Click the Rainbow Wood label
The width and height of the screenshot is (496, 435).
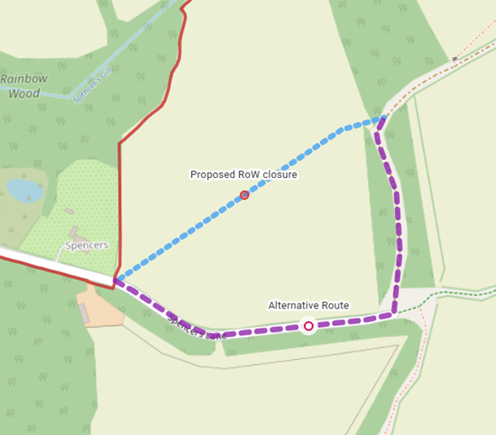pyautogui.click(x=24, y=86)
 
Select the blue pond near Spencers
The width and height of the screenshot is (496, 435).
pyautogui.click(x=24, y=189)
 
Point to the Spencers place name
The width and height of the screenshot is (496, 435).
pyautogui.click(x=86, y=245)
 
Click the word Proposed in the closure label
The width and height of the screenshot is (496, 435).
pyautogui.click(x=213, y=175)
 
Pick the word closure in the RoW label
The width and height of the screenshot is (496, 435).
pyautogui.click(x=280, y=175)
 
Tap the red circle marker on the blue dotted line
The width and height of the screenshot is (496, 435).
pyautogui.click(x=244, y=195)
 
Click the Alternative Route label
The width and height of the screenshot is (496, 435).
pyautogui.click(x=308, y=305)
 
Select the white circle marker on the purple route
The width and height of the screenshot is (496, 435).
pyautogui.click(x=308, y=325)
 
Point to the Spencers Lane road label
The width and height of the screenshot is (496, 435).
pyautogui.click(x=195, y=328)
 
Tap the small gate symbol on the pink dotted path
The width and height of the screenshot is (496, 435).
pyautogui.click(x=453, y=59)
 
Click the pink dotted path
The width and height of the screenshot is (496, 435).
pyautogui.click(x=477, y=35)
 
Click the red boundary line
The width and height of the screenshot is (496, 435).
pyautogui.click(x=119, y=202)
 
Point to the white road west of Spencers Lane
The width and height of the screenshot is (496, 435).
pyautogui.click(x=51, y=264)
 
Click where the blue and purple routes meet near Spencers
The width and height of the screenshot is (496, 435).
pyautogui.click(x=115, y=280)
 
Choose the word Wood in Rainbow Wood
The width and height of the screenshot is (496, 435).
pyautogui.click(x=24, y=94)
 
